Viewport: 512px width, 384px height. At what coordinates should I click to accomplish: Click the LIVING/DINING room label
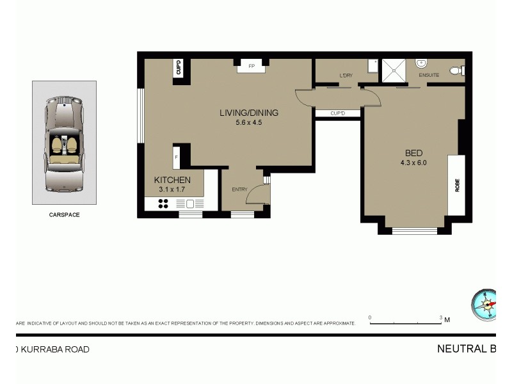tap(249, 113)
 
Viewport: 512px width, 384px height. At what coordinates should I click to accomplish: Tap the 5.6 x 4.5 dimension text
tap(249, 122)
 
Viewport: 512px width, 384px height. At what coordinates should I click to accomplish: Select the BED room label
tap(413, 153)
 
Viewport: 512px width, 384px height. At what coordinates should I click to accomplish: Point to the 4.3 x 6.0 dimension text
tap(413, 163)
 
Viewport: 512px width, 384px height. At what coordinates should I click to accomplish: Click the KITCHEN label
tap(172, 180)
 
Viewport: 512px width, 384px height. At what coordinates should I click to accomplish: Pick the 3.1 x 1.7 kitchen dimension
tap(172, 189)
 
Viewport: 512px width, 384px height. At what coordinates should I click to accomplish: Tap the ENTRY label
tap(239, 189)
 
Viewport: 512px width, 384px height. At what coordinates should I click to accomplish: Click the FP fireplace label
tap(252, 66)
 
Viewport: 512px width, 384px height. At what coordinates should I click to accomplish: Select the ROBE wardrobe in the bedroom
tap(457, 185)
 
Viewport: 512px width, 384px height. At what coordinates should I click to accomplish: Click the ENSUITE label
tap(429, 76)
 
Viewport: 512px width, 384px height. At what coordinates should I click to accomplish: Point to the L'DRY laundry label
tap(346, 76)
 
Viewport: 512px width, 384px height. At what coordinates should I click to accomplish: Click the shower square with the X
tap(394, 70)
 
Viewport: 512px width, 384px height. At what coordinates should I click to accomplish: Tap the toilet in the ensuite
tap(457, 70)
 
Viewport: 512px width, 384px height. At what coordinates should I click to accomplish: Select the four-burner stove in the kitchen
tap(163, 204)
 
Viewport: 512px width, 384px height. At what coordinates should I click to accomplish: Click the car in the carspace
tap(64, 143)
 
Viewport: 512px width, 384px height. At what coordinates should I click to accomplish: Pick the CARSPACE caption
tap(64, 215)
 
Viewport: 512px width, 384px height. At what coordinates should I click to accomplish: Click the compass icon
tap(484, 305)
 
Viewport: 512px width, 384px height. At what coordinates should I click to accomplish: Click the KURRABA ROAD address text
tap(52, 349)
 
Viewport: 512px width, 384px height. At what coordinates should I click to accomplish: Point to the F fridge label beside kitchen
tap(176, 157)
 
